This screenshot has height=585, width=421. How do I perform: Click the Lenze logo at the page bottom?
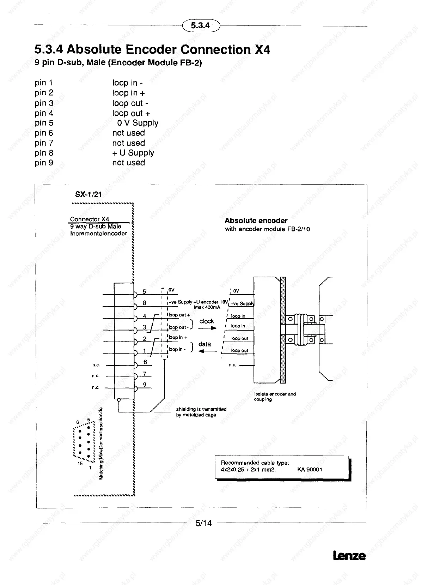point(349,556)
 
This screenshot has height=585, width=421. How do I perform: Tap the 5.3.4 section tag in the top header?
point(200,25)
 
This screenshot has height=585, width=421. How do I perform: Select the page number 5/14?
point(203,523)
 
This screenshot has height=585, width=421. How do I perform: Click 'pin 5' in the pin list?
point(44,123)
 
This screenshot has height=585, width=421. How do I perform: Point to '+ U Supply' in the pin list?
point(133,153)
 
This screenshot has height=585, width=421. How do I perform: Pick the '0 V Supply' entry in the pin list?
point(138,123)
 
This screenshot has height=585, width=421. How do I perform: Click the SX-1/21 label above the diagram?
point(88,194)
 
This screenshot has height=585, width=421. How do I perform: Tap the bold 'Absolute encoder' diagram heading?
point(256,221)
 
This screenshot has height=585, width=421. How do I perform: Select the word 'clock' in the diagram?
point(207,321)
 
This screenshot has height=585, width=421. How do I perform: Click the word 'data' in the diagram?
point(205,344)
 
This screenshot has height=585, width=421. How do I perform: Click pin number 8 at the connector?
point(145,303)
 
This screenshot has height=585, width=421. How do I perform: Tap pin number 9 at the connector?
point(145,385)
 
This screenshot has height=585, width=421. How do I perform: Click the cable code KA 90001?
point(310,469)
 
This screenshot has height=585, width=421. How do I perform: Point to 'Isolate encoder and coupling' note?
point(275,397)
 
